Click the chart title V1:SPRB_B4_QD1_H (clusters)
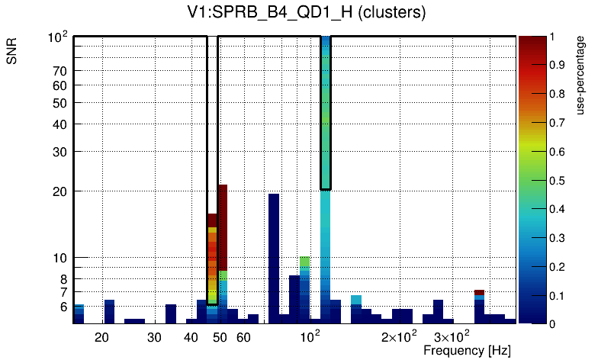(306, 13)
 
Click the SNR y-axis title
(12, 53)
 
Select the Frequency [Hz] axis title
(467, 350)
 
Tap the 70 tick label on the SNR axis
(60, 71)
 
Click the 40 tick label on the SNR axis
(60, 124)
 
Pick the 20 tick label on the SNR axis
(60, 191)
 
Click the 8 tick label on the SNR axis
(64, 278)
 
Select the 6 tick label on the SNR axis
(64, 307)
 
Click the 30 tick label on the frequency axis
(155, 337)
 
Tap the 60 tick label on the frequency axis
(243, 337)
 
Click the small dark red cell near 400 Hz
(479, 293)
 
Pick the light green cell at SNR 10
(304, 261)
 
